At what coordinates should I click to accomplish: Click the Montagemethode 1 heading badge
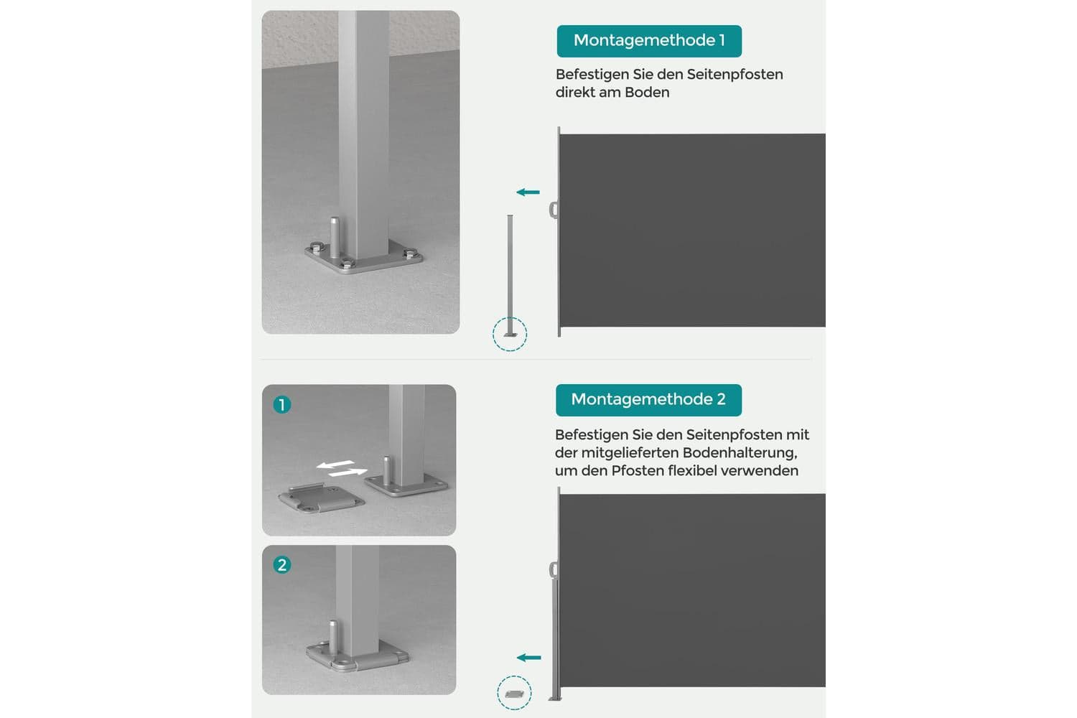(649, 41)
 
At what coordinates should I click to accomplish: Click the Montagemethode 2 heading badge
(648, 400)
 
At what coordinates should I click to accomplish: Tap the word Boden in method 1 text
(647, 93)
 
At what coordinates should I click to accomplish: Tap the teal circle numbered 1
(281, 404)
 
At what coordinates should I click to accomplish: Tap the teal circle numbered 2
(281, 564)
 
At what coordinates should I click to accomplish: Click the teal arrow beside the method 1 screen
(528, 192)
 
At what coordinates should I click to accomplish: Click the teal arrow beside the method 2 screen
(529, 658)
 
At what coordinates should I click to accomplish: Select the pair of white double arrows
(342, 468)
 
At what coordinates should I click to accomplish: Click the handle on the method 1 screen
(554, 210)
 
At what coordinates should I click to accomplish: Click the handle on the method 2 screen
(554, 570)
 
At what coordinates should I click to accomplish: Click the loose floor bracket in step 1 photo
(321, 498)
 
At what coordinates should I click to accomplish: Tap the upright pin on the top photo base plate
(334, 238)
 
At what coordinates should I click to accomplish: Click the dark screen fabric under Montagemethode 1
(692, 230)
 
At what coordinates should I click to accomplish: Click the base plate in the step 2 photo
(358, 657)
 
